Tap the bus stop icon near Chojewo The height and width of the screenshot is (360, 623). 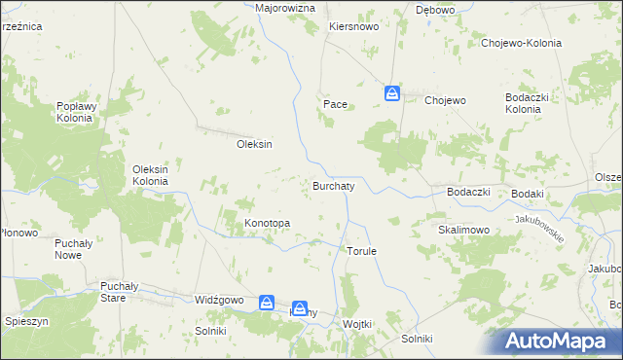coord(391,93)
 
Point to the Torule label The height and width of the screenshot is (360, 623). coord(361,250)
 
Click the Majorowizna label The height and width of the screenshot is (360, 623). coord(285,8)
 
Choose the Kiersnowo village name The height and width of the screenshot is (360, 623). coord(353,27)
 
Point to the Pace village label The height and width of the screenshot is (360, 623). coord(335,102)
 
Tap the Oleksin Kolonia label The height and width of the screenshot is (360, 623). coord(151,175)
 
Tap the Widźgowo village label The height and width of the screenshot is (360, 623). coord(218,301)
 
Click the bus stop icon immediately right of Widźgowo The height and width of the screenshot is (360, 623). coord(267,303)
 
